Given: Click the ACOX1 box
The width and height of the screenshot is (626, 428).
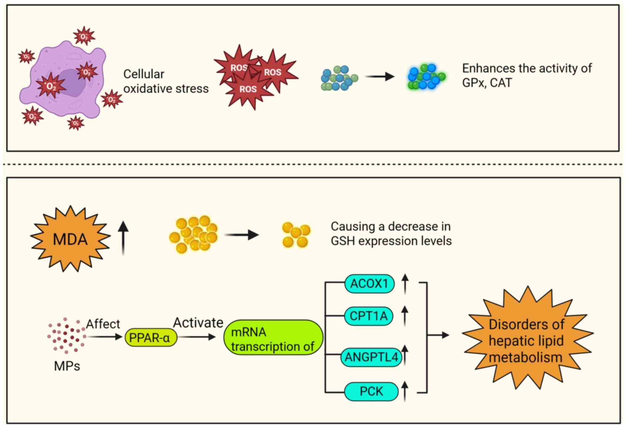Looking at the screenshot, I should pos(369,284).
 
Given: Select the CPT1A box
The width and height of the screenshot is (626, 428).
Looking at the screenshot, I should pos(368,316).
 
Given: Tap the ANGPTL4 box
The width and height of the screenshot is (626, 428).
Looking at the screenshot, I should pos(371,357).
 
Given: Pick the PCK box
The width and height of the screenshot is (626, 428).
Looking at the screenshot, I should pos(371,391).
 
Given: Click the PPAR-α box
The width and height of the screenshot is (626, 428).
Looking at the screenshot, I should pos(151,337).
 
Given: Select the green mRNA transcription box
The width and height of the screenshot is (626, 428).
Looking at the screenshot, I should pos(273,338).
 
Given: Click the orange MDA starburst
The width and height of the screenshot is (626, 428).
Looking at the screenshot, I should pos(70,239).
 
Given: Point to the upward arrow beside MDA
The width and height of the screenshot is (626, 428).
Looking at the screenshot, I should pos(123,237).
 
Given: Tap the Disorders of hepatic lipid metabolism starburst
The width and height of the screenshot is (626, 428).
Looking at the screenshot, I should pos(527,339).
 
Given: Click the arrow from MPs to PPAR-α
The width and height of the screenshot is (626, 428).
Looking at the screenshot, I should pos(105,337).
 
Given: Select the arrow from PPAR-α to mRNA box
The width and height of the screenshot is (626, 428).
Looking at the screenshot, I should pos(197,337).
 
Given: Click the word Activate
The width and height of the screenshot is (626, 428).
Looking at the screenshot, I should pos(198,323).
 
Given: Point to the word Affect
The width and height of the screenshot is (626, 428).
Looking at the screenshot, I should pos(103,324).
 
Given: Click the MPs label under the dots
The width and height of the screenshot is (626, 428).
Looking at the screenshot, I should pos(67,366).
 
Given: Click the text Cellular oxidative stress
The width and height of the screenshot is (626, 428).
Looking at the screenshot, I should pos(166,81).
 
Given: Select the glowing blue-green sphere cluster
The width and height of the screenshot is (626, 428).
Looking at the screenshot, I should pos(426,77).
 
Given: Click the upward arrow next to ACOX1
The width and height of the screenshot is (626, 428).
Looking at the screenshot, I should pos(405,284).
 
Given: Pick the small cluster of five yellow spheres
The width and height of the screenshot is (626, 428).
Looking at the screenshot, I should pos(296,235).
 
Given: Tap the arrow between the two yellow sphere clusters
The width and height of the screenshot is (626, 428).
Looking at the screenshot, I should pos(241,235).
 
